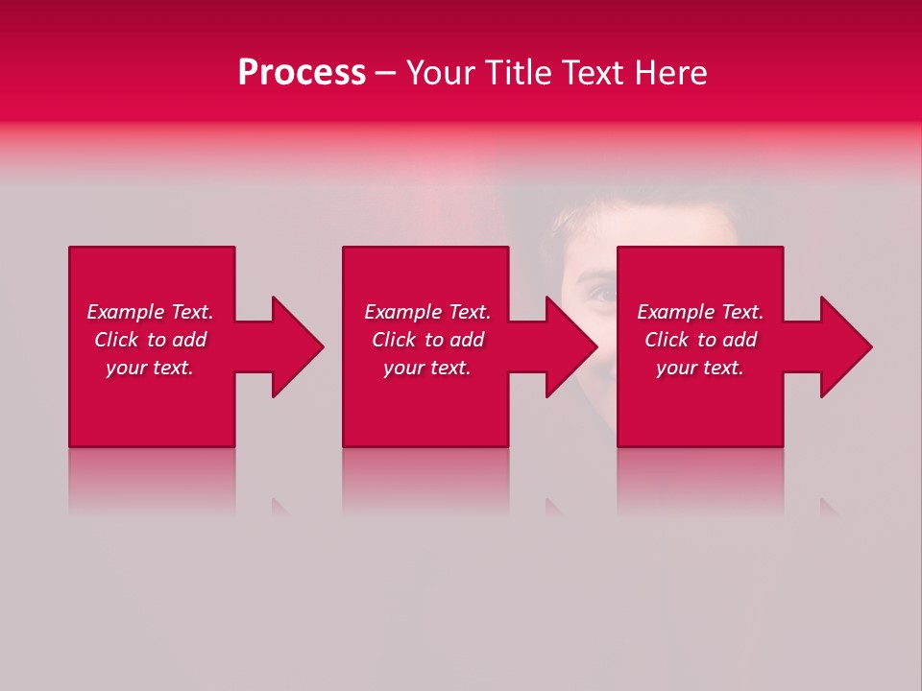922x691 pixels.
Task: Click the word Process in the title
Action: (302, 73)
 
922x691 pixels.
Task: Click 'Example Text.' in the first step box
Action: (150, 312)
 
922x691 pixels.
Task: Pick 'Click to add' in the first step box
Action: (150, 340)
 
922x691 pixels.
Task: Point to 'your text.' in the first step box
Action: (150, 368)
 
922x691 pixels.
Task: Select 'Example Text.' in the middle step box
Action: (427, 312)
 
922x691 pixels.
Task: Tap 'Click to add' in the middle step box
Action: (427, 340)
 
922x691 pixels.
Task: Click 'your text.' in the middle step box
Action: (427, 368)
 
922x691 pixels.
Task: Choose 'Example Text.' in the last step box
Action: (700, 312)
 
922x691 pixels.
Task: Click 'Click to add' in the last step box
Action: (700, 340)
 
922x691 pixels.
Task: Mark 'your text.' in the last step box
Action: (700, 368)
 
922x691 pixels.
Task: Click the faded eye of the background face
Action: (601, 295)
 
